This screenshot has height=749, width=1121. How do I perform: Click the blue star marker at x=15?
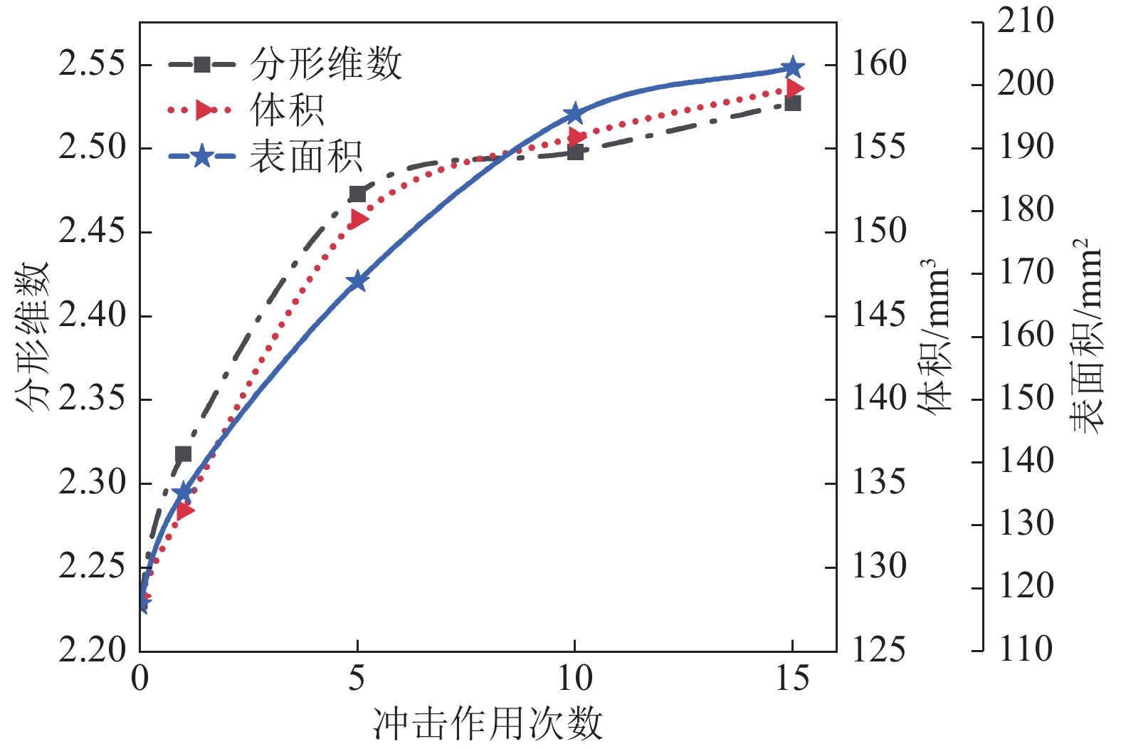click(x=792, y=68)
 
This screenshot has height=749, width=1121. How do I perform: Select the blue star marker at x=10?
click(x=574, y=114)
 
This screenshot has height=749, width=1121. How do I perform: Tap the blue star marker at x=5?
click(x=357, y=281)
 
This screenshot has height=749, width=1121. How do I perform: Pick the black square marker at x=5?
click(x=357, y=194)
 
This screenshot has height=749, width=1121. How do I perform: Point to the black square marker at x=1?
click(x=183, y=454)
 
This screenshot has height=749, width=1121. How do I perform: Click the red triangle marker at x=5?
click(x=359, y=219)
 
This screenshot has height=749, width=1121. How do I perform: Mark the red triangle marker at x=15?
click(x=794, y=89)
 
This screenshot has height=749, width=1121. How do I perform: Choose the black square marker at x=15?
click(x=792, y=103)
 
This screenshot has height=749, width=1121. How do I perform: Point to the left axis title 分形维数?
click(x=31, y=337)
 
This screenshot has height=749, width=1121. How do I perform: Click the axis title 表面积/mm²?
click(x=1087, y=337)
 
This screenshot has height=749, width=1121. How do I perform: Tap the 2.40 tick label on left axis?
click(x=91, y=315)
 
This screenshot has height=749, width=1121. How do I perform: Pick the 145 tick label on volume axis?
click(x=879, y=315)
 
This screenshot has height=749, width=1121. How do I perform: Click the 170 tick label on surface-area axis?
click(x=1026, y=273)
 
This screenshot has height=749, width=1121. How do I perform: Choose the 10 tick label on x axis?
click(x=574, y=679)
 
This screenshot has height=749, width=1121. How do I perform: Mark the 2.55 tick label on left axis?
click(x=91, y=64)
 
